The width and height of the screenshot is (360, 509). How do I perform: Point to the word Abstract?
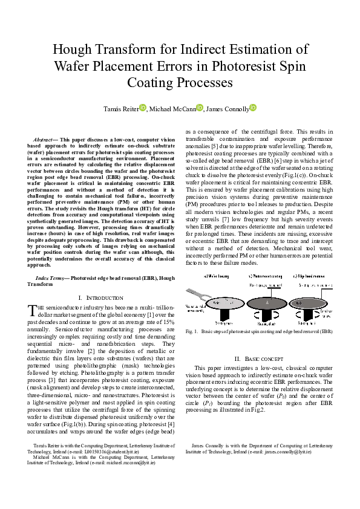point(44,140)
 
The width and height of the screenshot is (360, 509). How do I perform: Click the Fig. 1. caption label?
point(192,331)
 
